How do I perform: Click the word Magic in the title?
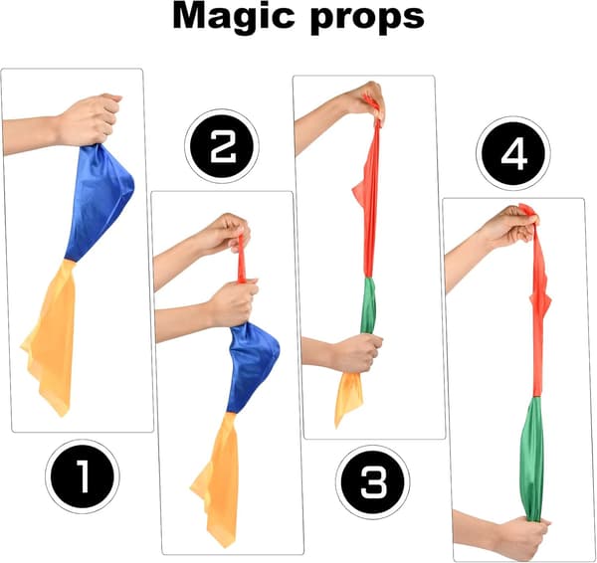coord(234,17)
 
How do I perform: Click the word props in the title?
coord(368,20)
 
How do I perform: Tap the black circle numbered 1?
coord(83,476)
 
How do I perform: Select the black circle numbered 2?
coord(222,145)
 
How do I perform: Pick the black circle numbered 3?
coord(373,481)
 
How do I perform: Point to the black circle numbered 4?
coord(512,152)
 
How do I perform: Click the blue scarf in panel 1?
coord(99,202)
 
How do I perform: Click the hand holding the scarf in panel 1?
coord(89,120)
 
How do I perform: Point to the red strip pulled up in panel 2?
coord(242,259)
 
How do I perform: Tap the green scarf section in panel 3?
coord(368,305)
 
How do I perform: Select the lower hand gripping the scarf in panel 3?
coord(358,353)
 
